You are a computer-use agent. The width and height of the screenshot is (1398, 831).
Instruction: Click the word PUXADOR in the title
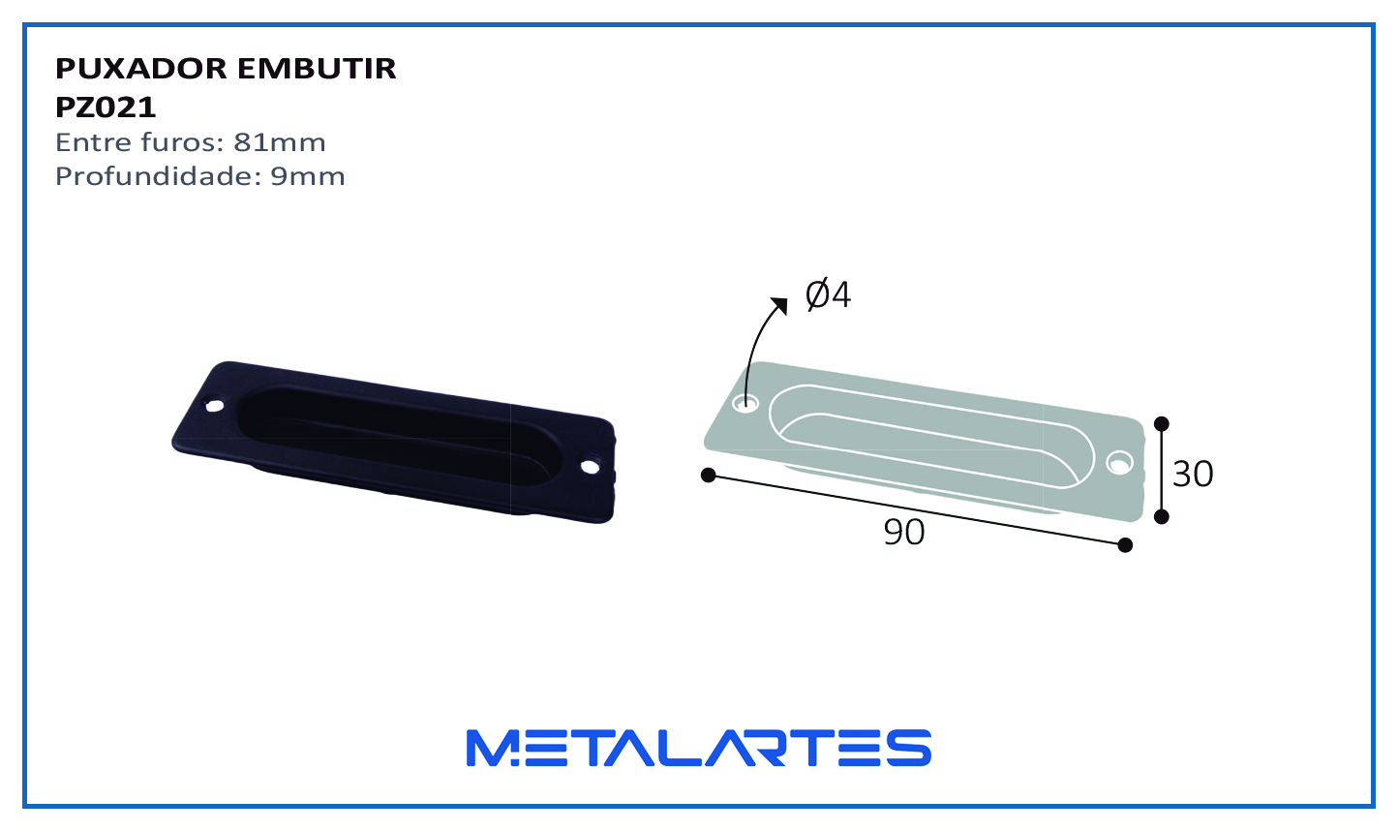click(x=140, y=68)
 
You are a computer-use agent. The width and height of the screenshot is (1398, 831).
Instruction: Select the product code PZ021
click(x=106, y=108)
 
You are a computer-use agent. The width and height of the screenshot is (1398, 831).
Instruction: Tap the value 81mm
click(x=280, y=142)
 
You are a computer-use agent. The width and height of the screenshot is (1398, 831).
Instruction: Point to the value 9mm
click(x=308, y=176)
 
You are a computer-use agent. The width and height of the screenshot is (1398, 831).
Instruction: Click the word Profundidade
click(x=158, y=176)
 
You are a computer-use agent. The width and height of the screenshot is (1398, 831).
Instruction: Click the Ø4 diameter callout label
click(x=828, y=294)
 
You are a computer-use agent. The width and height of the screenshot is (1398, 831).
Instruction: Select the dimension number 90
click(x=903, y=532)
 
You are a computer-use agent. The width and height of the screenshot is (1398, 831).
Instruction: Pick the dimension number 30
click(x=1193, y=474)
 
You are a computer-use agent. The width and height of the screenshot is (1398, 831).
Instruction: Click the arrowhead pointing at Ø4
click(x=779, y=305)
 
